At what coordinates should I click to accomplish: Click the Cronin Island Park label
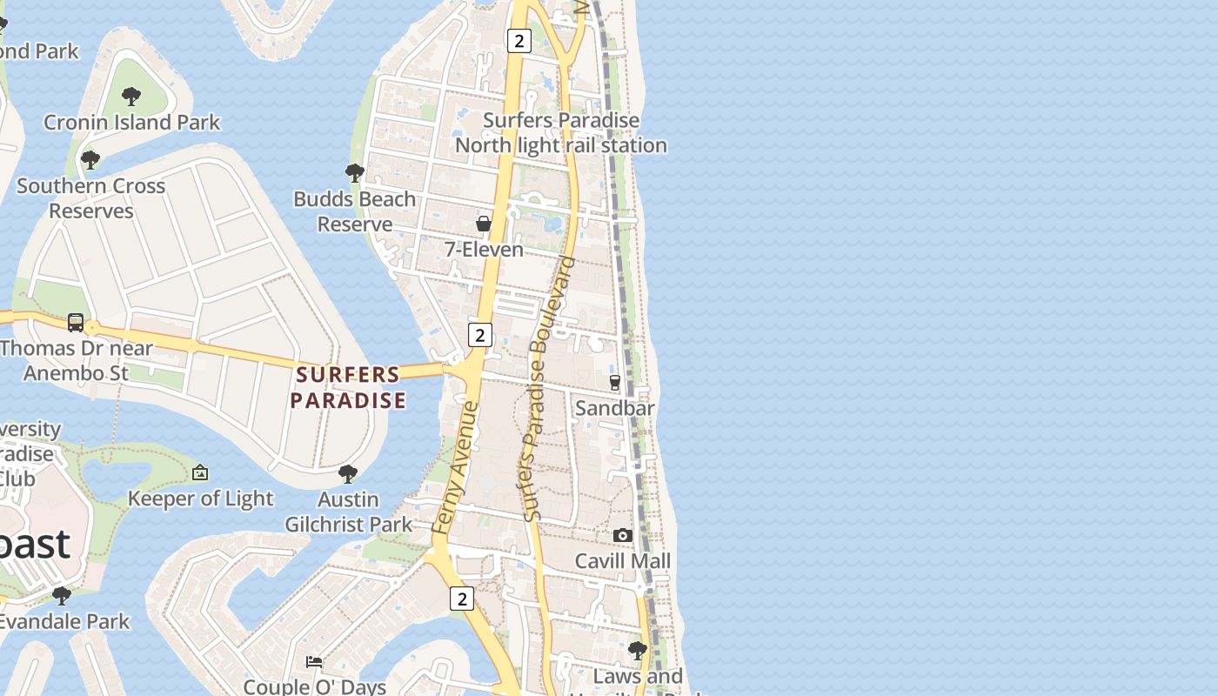[132, 123]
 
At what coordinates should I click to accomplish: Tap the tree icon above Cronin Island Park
[131, 96]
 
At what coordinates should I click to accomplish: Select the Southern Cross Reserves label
[91, 198]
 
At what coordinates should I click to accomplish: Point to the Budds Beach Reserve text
[354, 211]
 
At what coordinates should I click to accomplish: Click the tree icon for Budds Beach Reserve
[354, 172]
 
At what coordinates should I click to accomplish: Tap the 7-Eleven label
[484, 250]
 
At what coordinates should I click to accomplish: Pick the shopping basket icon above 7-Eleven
[484, 224]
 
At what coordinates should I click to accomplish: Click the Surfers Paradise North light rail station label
[561, 133]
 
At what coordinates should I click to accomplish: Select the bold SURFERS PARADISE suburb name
[348, 387]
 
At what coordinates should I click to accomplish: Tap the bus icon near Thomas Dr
[76, 323]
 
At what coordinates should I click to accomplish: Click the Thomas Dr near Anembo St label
[77, 360]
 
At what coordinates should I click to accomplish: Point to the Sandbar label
[615, 408]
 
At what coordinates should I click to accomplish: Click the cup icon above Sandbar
[615, 382]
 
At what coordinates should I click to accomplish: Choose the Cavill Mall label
[623, 561]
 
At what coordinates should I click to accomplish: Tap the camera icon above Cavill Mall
[623, 535]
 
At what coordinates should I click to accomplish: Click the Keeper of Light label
[200, 499]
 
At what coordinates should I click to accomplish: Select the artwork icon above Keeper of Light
[200, 472]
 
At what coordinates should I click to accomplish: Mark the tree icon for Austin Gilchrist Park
[348, 473]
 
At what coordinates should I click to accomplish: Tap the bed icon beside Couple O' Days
[314, 661]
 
